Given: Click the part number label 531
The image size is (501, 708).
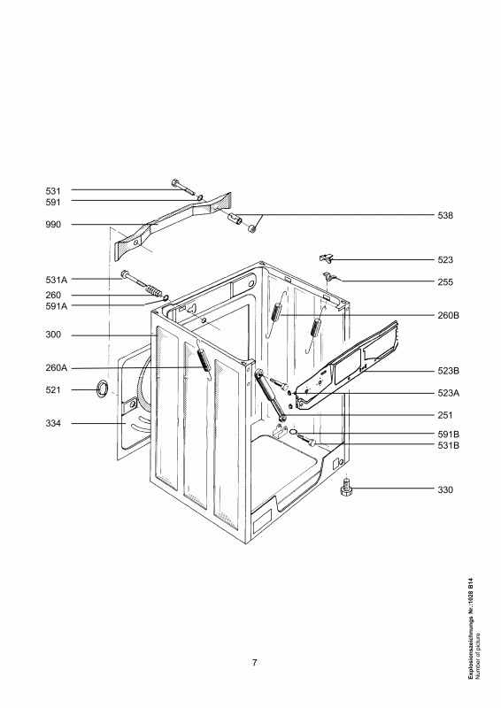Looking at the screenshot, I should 52,190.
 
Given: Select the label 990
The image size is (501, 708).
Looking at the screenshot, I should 52,225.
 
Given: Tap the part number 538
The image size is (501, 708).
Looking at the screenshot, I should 445,215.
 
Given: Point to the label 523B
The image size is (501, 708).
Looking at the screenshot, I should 448,373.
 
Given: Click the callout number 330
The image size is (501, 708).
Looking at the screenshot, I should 445,489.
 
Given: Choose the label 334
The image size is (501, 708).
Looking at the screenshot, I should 52,425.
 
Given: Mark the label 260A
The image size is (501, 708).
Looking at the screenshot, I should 55,368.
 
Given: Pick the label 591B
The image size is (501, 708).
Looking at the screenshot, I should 448,434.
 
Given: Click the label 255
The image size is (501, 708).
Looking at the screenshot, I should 445,282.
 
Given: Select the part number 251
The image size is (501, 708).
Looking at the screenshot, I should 445,415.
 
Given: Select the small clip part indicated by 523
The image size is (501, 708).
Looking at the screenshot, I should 325,258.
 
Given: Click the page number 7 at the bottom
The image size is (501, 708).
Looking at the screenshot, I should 254,663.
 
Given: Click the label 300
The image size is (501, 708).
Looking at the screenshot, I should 52,335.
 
